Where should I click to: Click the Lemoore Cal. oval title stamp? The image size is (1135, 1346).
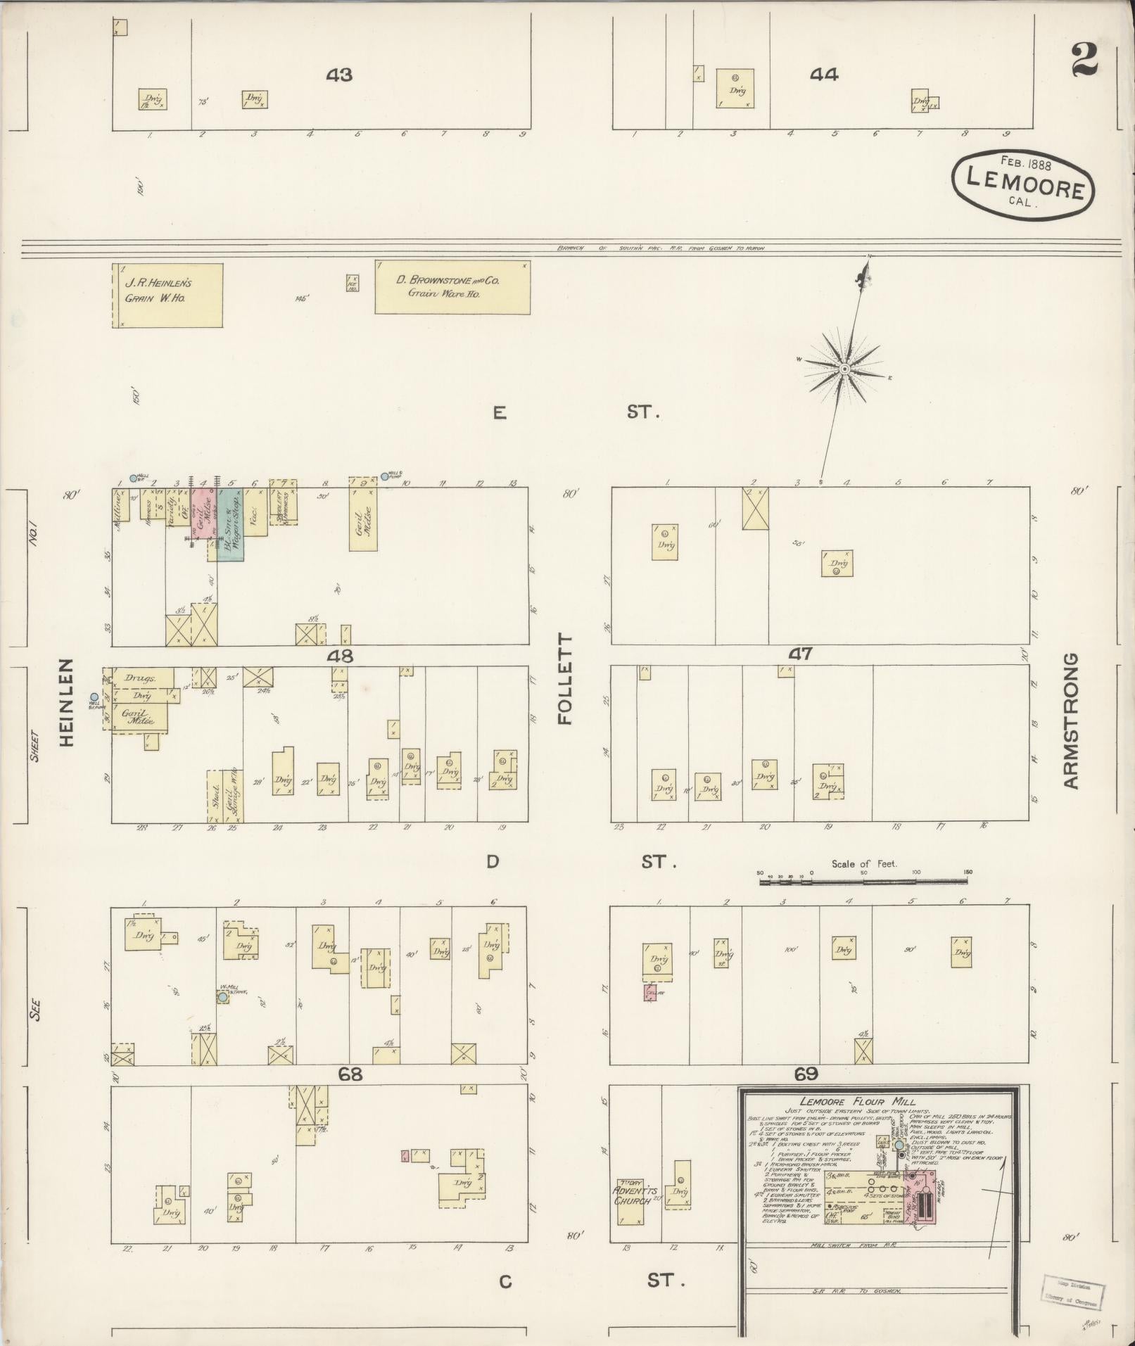[1023, 182]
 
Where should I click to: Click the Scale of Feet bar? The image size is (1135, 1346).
[863, 880]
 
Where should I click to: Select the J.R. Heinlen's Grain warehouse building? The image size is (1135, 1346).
[168, 296]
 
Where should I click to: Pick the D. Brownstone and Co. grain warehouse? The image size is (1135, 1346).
[452, 287]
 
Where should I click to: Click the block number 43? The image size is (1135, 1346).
[338, 75]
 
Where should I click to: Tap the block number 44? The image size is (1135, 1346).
[823, 74]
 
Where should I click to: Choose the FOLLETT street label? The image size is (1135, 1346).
[566, 679]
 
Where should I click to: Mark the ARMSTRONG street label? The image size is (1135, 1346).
[1070, 720]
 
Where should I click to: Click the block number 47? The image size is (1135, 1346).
[800, 654]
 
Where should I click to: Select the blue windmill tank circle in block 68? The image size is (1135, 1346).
[223, 997]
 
